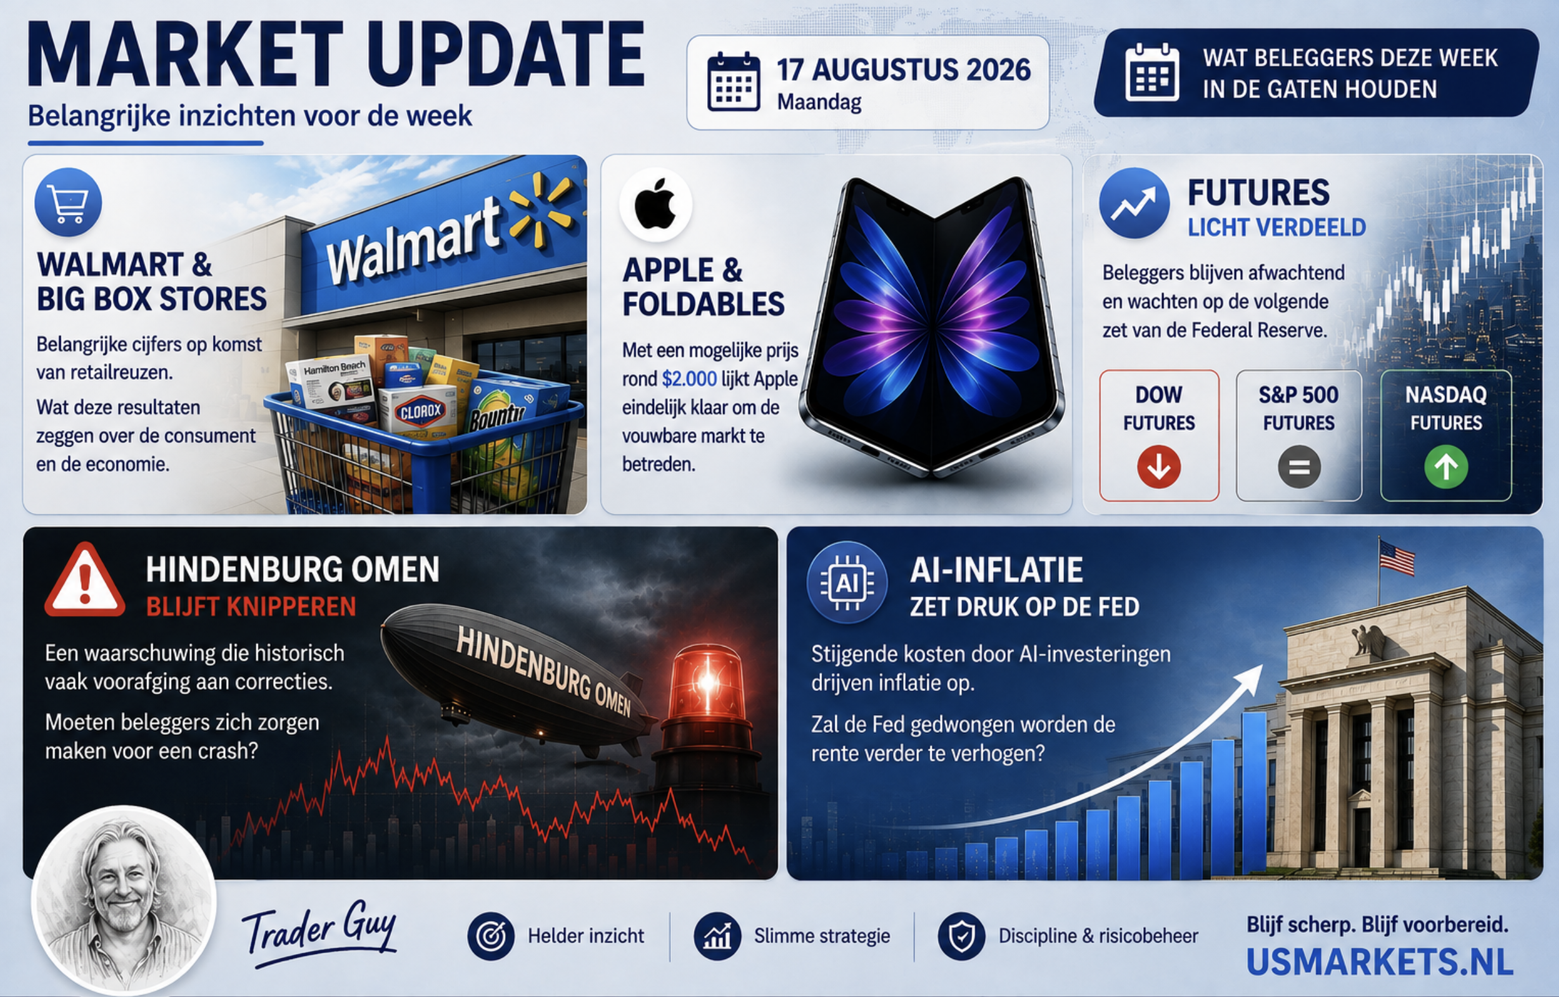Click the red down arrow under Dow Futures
[1158, 467]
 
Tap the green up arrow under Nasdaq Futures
[1446, 467]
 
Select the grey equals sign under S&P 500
[1299, 467]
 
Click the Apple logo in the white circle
[655, 204]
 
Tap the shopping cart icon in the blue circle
[68, 202]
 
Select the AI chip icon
[847, 583]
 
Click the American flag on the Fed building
[1396, 557]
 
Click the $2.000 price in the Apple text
[689, 379]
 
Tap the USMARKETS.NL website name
[1380, 962]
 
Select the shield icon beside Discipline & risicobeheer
[962, 936]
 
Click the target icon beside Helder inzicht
[491, 936]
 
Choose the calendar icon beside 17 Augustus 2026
[733, 82]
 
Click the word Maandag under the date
[819, 102]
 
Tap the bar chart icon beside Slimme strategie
[717, 936]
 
